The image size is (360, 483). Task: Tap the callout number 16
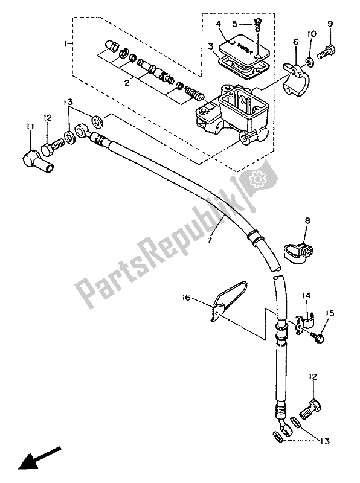(x=186, y=298)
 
